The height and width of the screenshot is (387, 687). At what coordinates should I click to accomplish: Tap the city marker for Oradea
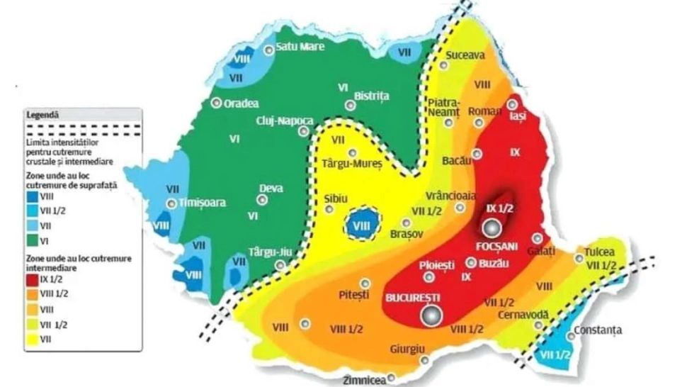215,102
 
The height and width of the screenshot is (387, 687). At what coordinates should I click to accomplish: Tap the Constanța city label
598,330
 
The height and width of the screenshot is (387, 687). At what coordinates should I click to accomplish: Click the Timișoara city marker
171,203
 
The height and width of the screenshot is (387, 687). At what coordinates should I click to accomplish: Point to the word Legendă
44,113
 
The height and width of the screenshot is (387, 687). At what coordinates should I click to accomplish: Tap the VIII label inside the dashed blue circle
362,225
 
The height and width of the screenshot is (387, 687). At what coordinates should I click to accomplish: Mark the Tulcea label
600,252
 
